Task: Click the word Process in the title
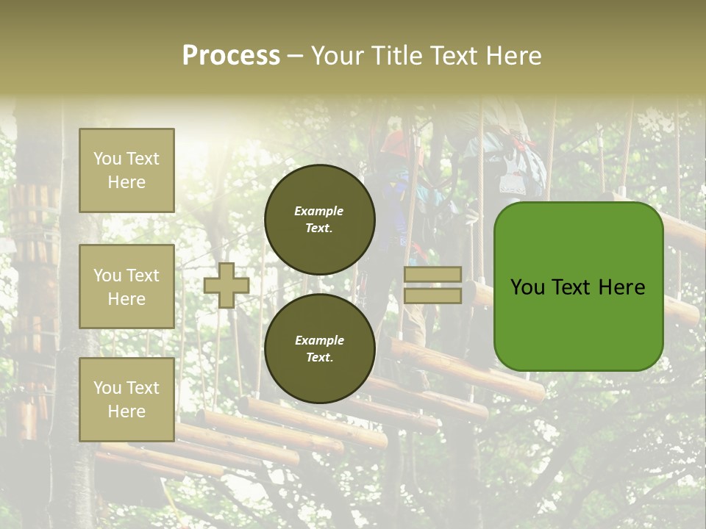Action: coord(231,56)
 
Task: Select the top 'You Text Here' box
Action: coord(126,170)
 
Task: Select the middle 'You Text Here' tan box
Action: coord(126,287)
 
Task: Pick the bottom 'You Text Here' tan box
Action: coord(126,400)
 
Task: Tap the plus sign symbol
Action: coord(227,286)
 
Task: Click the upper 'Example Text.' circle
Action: coord(319,219)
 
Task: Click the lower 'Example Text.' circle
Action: coord(319,348)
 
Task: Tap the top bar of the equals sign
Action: coord(432,275)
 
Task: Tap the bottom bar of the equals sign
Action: coord(432,296)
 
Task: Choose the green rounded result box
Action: coord(578,287)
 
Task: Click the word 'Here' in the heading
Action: coord(512,56)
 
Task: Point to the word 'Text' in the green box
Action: coord(572,287)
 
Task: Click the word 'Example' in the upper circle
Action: coord(318,211)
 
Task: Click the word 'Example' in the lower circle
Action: coord(319,340)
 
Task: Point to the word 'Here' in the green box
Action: coord(623,287)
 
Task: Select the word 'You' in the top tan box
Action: coord(107,159)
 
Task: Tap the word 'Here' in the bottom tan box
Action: coord(126,411)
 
